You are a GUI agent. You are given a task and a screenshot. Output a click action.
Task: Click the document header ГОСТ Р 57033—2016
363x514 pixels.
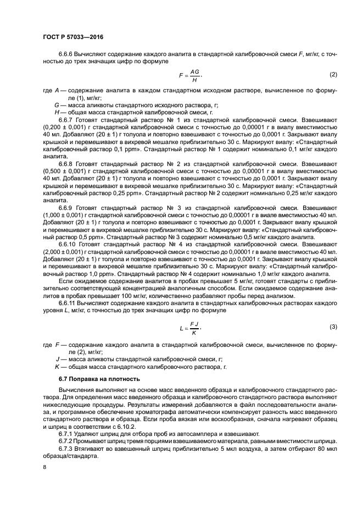click(72, 37)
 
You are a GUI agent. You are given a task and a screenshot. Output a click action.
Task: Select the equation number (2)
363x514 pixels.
click(333, 74)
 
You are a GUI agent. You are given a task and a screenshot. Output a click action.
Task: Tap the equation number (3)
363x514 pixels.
click(333, 327)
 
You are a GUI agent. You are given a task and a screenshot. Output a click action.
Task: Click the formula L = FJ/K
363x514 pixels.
click(190, 328)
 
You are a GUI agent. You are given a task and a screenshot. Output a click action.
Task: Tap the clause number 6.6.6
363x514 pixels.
click(67, 54)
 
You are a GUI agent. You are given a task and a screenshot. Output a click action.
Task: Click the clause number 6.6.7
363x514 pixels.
click(67, 119)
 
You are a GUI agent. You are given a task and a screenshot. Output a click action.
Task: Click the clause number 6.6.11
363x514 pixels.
click(69, 303)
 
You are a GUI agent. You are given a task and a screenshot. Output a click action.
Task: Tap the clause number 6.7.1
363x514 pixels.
click(65, 433)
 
